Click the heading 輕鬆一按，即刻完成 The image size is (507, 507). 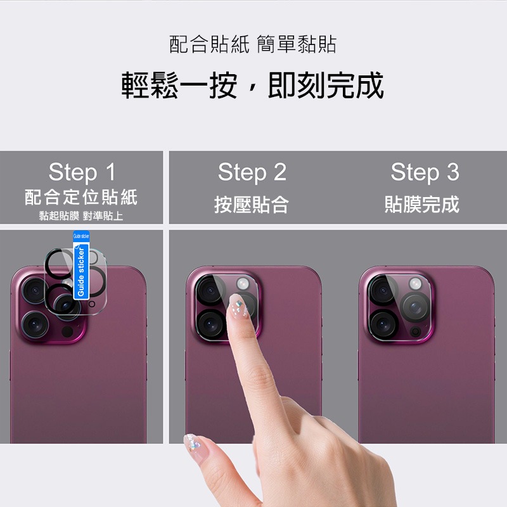253,86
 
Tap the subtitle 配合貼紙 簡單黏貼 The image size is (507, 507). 253,44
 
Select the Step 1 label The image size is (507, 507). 82,172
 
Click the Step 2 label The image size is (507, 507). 252,172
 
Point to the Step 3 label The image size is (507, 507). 425,172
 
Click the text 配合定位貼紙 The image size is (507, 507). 81,196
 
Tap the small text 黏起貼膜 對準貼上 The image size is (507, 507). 81,216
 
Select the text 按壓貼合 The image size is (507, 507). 252,205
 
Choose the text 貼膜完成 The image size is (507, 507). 422,205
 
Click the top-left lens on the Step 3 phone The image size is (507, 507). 383,290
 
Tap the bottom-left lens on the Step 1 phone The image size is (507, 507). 34,324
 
